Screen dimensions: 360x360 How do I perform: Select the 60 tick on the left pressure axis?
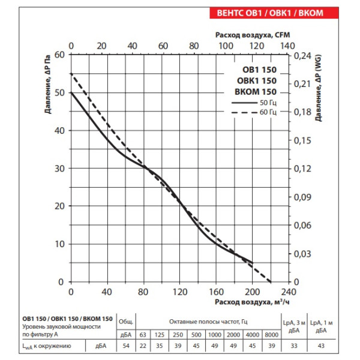point(59,55)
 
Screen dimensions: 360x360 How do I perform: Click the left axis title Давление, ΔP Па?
point(47,84)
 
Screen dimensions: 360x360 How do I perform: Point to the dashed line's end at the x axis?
point(270,281)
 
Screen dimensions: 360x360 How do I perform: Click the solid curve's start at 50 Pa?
point(71,92)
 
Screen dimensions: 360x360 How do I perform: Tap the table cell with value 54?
point(126,346)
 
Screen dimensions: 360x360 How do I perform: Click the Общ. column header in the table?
point(126,321)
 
